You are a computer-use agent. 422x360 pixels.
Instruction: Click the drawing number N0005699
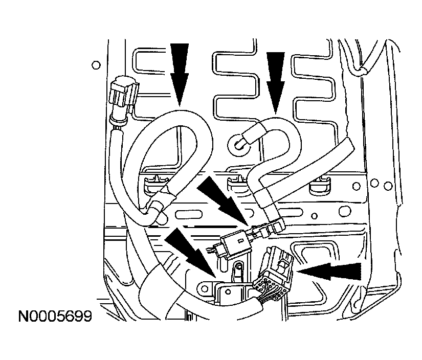pyautogui.click(x=55, y=317)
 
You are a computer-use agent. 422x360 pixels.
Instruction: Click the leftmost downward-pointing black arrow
pyautogui.click(x=179, y=75)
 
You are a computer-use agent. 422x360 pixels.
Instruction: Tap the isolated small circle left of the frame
pyautogui.click(x=96, y=65)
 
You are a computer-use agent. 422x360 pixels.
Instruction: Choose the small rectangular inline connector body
pyautogui.click(x=235, y=245)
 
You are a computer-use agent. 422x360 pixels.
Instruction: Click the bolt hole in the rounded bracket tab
pyautogui.click(x=205, y=289)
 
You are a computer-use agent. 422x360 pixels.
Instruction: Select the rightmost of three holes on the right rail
pyautogui.click(x=388, y=186)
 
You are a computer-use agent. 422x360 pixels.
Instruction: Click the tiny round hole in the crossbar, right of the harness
pyautogui.click(x=314, y=216)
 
